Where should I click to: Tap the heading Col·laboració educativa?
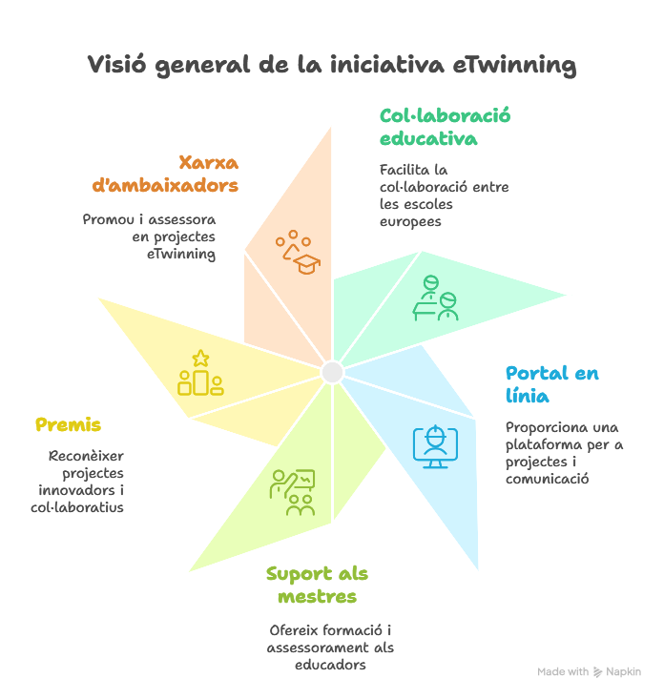445,127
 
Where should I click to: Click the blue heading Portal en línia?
551,383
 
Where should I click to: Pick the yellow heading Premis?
68,424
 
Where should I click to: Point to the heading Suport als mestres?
317,585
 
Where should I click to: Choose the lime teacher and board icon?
292,492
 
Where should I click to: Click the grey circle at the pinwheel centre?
332,372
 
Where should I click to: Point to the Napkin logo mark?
598,672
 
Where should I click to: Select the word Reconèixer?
87,456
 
